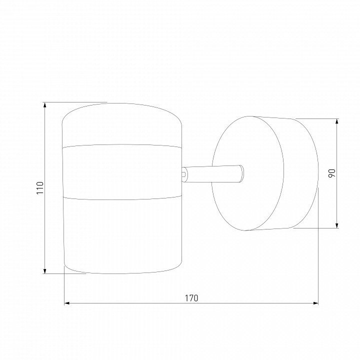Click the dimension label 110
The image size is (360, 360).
pyautogui.click(x=40, y=187)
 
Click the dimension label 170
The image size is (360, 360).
pyautogui.click(x=191, y=298)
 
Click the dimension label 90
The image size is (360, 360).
pyautogui.click(x=332, y=173)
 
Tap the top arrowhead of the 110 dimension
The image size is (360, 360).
pyautogui.click(x=45, y=105)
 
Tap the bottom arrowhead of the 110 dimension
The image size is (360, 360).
pyautogui.click(x=45, y=270)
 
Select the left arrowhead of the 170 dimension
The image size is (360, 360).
pyautogui.click(x=67, y=303)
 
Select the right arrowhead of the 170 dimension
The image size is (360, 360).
pyautogui.click(x=315, y=303)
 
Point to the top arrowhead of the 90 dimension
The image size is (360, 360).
pyautogui.click(x=337, y=121)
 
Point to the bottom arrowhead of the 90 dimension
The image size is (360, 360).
pyautogui.click(x=337, y=225)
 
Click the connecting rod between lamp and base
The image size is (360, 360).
pyautogui.click(x=213, y=174)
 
